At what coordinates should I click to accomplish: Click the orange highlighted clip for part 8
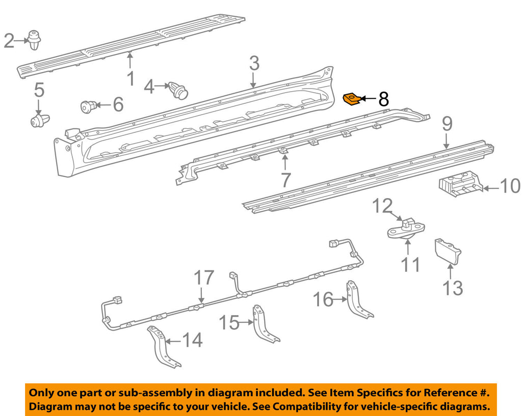click(x=352, y=99)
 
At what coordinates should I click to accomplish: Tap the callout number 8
click(x=383, y=99)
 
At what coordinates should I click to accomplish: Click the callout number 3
click(x=254, y=64)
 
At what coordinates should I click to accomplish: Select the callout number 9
click(x=447, y=124)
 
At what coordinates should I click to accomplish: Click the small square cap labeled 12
click(x=406, y=223)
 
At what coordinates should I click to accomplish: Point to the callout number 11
click(x=410, y=264)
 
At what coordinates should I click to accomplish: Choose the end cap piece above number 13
click(x=447, y=252)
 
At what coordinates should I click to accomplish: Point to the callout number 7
click(x=284, y=179)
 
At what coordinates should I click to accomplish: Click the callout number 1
click(x=130, y=79)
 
